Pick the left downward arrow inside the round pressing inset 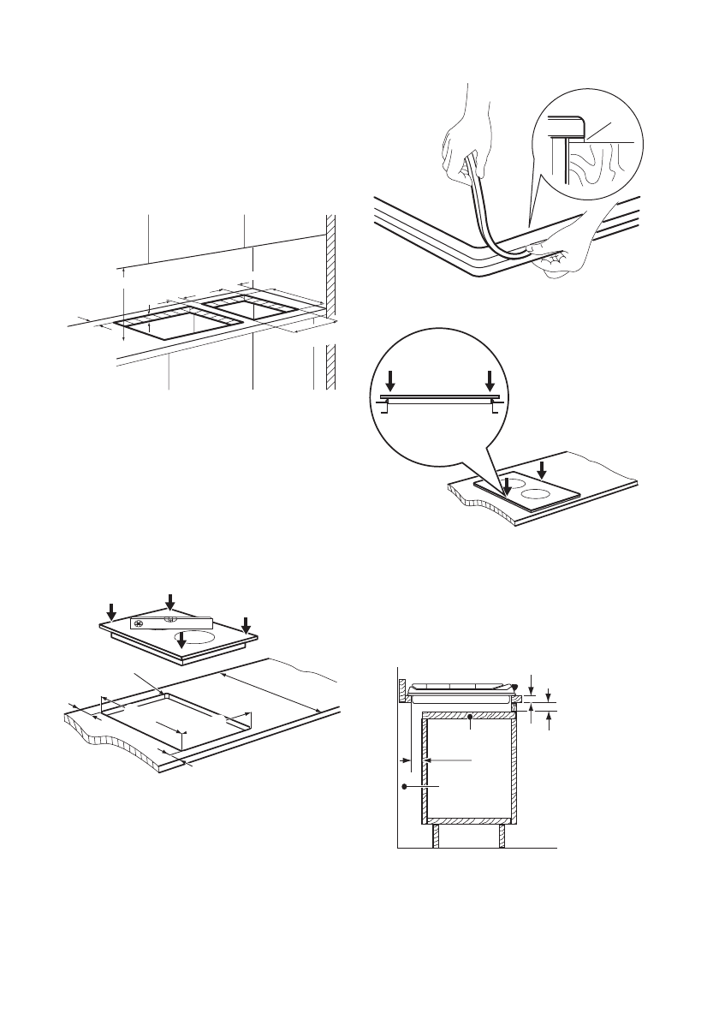pyautogui.click(x=390, y=381)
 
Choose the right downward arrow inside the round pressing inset pyautogui.click(x=490, y=381)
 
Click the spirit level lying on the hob pyautogui.click(x=170, y=623)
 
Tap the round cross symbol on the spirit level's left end pyautogui.click(x=138, y=623)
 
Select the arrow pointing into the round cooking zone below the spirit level pyautogui.click(x=181, y=638)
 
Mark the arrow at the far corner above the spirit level pyautogui.click(x=170, y=603)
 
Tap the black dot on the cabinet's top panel pyautogui.click(x=470, y=716)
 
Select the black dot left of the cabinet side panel pyautogui.click(x=403, y=784)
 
